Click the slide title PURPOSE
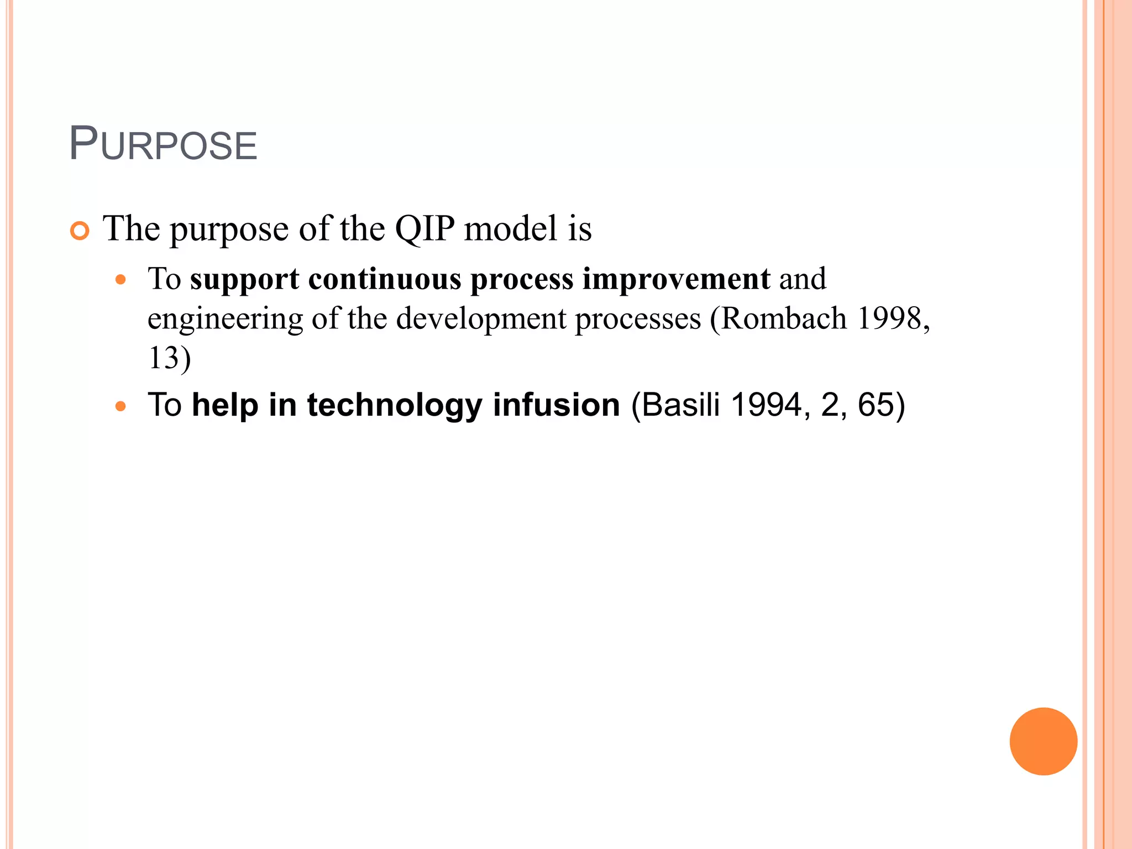pyautogui.click(x=163, y=145)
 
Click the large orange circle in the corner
pyautogui.click(x=1043, y=741)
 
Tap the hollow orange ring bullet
pyautogui.click(x=80, y=231)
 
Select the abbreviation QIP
pyautogui.click(x=424, y=228)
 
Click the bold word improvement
pyautogui.click(x=676, y=279)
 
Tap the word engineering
pyautogui.click(x=225, y=319)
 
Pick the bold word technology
pyautogui.click(x=395, y=405)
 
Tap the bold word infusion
pyautogui.click(x=556, y=405)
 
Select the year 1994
pyautogui.click(x=766, y=405)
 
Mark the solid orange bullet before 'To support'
pyautogui.click(x=120, y=280)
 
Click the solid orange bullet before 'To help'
pyautogui.click(x=120, y=407)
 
